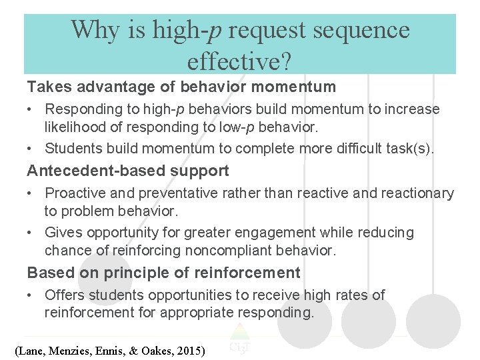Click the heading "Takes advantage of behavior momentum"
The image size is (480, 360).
pyautogui.click(x=181, y=87)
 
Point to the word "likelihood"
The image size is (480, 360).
pyautogui.click(x=77, y=127)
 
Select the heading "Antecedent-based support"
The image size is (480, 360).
pyautogui.click(x=128, y=171)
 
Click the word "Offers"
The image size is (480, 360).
pyautogui.click(x=64, y=295)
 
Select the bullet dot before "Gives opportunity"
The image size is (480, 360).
pyautogui.click(x=31, y=233)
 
